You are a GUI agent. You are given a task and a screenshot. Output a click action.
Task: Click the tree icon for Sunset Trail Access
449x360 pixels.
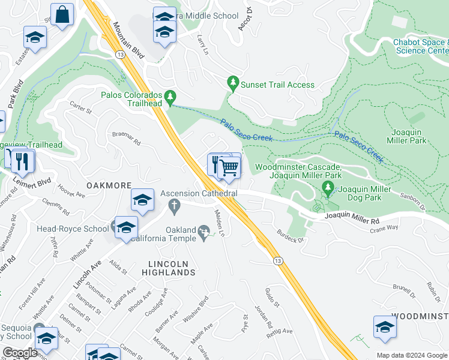(232, 84)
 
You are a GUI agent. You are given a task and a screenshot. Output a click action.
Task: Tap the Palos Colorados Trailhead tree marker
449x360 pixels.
(170, 97)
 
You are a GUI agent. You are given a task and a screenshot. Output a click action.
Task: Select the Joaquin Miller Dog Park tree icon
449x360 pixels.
(328, 188)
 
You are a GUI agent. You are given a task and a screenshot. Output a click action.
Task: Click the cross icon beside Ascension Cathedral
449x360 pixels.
(175, 208)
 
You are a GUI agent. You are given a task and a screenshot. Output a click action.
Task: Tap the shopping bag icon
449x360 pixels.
(62, 15)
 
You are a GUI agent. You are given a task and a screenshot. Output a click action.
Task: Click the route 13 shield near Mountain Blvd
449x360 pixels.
(121, 55)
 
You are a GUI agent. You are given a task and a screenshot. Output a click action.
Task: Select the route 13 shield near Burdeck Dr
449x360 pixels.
(277, 261)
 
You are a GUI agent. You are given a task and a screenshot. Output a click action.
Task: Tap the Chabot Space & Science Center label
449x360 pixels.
(421, 46)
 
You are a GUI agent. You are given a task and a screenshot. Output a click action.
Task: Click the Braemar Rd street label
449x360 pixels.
(126, 139)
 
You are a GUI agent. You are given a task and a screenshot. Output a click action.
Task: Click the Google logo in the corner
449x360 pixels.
(20, 353)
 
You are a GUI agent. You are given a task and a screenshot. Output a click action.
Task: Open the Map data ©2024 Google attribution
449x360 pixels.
(411, 355)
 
